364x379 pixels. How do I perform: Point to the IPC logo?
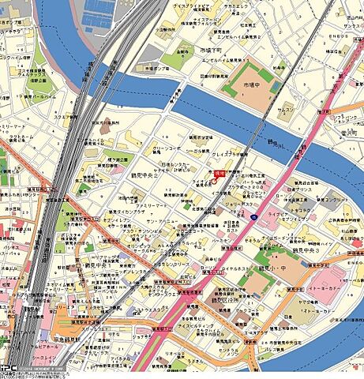pos(8,369)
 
